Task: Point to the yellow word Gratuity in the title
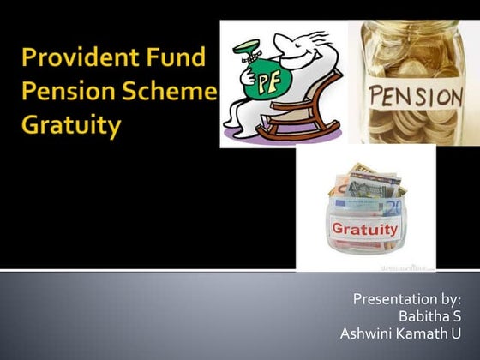tap(71, 127)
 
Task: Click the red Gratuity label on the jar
tap(364, 230)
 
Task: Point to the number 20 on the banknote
tap(394, 208)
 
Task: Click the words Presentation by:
tap(407, 298)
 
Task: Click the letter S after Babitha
tap(457, 315)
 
